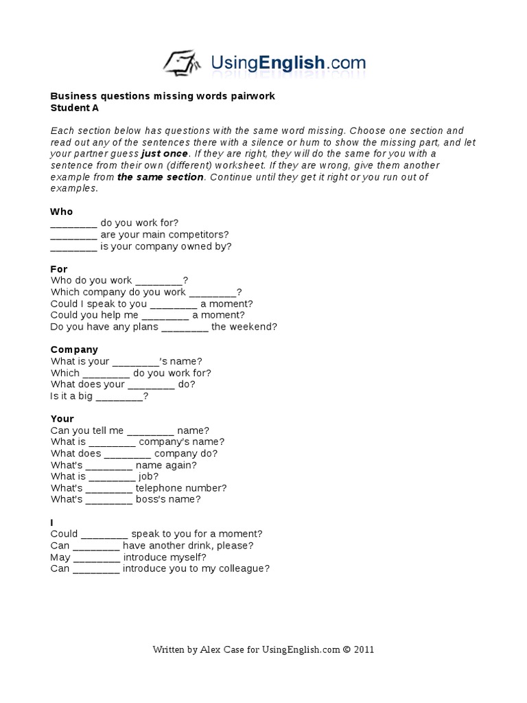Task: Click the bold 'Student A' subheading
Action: pos(70,108)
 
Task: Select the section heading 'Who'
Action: pos(61,211)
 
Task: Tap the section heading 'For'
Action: pos(59,269)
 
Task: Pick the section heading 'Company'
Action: pos(74,349)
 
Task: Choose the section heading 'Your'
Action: pos(62,419)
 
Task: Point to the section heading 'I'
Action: pos(52,522)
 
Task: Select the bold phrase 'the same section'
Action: pos(161,177)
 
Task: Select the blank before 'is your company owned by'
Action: pos(74,246)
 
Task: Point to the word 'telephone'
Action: pos(161,488)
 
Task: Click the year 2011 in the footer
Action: pos(364,649)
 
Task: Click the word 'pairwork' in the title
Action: pos(254,96)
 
